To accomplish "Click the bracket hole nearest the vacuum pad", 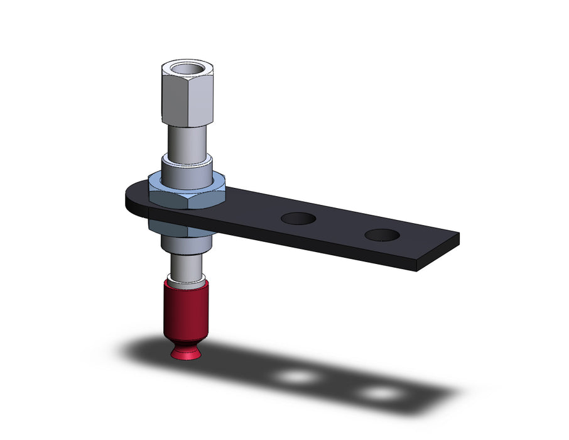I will click(x=298, y=219).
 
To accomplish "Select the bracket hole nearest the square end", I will click(x=381, y=235).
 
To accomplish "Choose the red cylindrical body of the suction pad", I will click(x=185, y=311).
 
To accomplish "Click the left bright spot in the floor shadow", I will click(x=298, y=377).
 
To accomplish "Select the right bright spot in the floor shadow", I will click(x=381, y=393).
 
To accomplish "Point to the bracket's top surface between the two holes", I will click(x=339, y=226).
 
